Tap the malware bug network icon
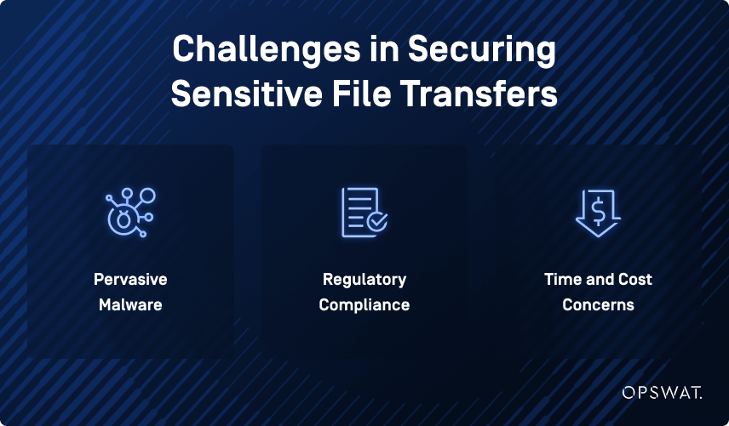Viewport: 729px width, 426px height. (x=129, y=212)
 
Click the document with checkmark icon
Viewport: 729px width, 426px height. (x=364, y=212)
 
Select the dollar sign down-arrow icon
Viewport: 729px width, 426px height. (x=598, y=212)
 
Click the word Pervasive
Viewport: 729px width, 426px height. (x=130, y=280)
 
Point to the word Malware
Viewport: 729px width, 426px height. (x=130, y=304)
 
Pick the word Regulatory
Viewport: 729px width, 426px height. (x=364, y=280)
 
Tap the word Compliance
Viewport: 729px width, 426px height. (x=364, y=304)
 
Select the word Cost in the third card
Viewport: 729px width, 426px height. (x=634, y=280)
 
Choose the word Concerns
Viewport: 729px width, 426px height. (x=598, y=304)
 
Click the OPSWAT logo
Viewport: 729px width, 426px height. (x=661, y=393)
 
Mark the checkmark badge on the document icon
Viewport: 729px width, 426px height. (x=377, y=223)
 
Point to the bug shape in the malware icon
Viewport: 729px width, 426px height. (x=123, y=220)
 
